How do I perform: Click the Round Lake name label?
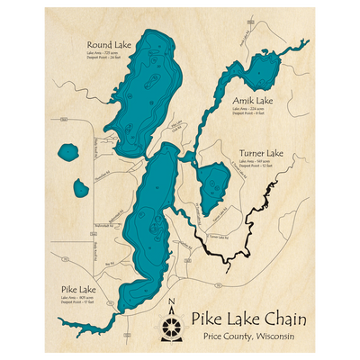(x=107, y=44)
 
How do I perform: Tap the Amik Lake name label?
(x=253, y=101)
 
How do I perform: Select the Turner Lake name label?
(x=261, y=153)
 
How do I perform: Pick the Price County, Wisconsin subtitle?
(x=247, y=337)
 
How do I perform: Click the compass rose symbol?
(x=172, y=325)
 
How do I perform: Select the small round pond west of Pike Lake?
(x=68, y=154)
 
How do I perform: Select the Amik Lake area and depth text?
(x=251, y=112)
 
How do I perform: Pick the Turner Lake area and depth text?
(x=258, y=165)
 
